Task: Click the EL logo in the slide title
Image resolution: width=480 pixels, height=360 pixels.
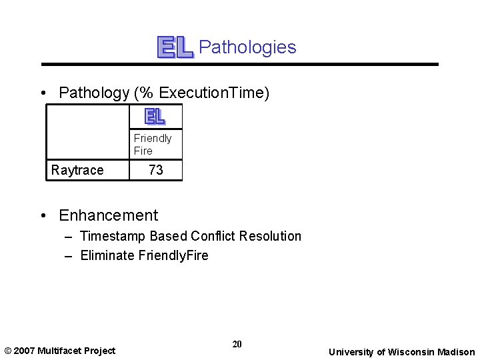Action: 175,47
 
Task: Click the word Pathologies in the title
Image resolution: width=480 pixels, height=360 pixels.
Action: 247,47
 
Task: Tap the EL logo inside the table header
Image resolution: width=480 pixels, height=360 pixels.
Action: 155,117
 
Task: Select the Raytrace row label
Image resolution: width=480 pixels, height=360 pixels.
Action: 77,170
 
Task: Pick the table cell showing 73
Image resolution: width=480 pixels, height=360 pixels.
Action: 156,170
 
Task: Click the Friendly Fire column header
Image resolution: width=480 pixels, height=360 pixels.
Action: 153,144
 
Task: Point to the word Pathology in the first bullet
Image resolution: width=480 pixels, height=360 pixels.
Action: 93,93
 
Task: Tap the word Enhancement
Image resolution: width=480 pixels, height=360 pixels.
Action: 109,215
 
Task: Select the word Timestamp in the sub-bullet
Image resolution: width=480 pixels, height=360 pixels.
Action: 113,236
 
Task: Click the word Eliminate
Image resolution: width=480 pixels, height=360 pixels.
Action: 106,255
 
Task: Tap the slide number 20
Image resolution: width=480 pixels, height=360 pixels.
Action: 237,344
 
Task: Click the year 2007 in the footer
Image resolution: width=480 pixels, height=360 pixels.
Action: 25,351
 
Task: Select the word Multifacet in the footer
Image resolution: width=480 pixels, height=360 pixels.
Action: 60,351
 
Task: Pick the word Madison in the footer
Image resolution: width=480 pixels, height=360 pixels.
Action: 456,352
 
